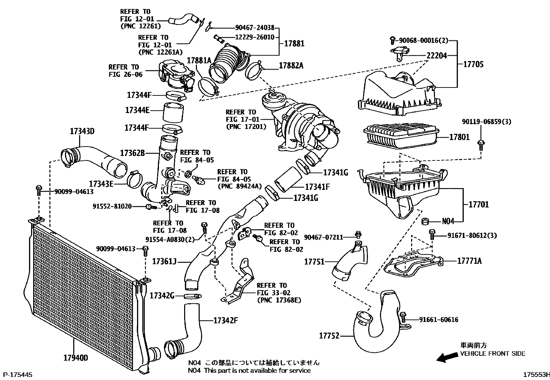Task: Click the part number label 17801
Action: pyautogui.click(x=459, y=137)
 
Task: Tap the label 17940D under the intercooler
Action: pyautogui.click(x=75, y=358)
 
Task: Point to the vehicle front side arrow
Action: pyautogui.click(x=446, y=358)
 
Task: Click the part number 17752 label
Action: pyautogui.click(x=329, y=335)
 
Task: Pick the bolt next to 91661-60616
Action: pyautogui.click(x=403, y=316)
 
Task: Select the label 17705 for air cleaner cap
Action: pyautogui.click(x=473, y=64)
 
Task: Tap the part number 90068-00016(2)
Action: pyautogui.click(x=424, y=40)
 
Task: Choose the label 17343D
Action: pyautogui.click(x=82, y=131)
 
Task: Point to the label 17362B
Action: pyautogui.click(x=132, y=153)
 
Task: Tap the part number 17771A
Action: pyautogui.click(x=469, y=261)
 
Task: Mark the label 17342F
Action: pyautogui.click(x=226, y=321)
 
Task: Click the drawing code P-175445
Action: pyautogui.click(x=18, y=374)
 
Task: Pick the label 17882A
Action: pyautogui.click(x=291, y=65)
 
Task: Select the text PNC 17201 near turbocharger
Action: pyautogui.click(x=246, y=127)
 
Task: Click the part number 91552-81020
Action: pyautogui.click(x=112, y=206)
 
